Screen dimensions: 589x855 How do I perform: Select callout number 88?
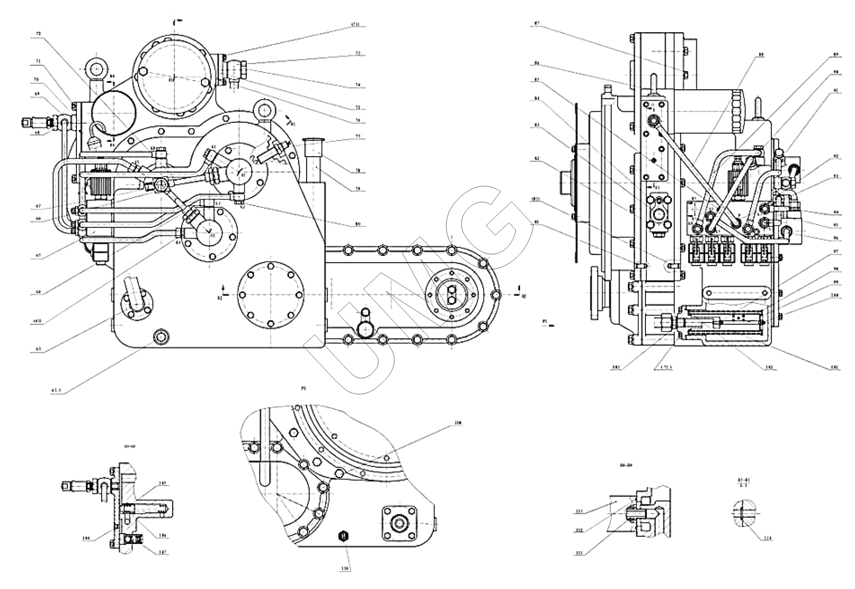click(x=761, y=55)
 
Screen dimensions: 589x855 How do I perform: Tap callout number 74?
click(x=358, y=85)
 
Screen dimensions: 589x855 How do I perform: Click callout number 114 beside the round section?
click(x=767, y=538)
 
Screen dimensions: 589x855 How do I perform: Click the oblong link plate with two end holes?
click(x=735, y=294)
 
